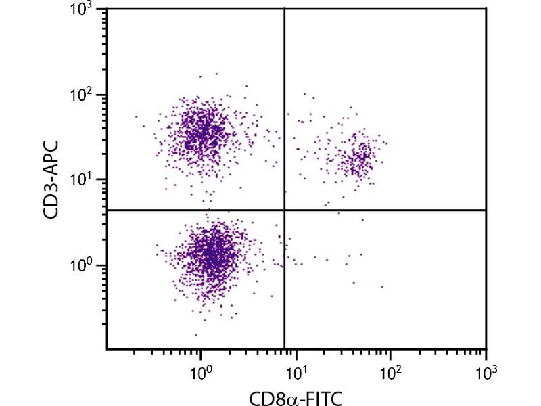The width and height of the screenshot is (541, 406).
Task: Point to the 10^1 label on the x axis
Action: (x=295, y=371)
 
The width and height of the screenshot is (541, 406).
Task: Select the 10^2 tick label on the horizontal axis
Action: (x=390, y=371)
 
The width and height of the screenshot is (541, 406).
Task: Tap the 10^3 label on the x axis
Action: (x=486, y=371)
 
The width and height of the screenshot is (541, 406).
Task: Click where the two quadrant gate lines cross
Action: (x=284, y=210)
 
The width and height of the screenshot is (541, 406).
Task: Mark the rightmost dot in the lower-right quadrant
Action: (x=382, y=286)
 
